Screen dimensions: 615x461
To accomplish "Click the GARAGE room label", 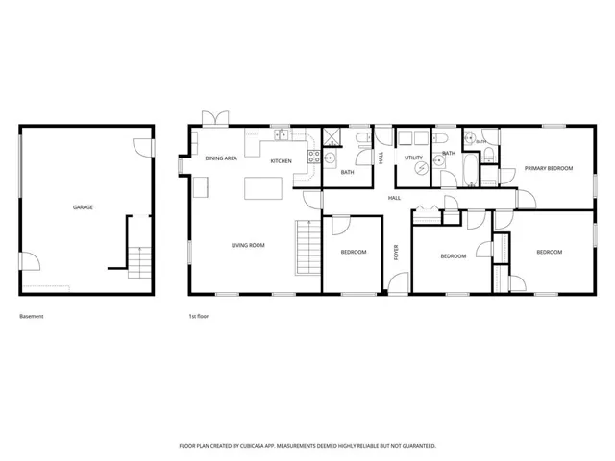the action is [83, 207].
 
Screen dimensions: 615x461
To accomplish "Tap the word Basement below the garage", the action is [32, 316].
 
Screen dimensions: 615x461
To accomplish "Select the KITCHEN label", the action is [282, 161].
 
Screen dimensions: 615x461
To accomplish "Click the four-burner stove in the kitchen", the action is [314, 157].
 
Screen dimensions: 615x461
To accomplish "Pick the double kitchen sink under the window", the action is [282, 134].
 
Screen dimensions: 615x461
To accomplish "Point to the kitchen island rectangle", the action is [263, 188].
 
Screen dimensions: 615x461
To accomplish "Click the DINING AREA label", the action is [221, 158].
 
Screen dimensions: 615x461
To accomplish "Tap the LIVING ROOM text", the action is [248, 246].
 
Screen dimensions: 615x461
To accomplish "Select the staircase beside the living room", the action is [308, 248].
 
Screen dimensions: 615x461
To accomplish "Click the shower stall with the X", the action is [332, 136].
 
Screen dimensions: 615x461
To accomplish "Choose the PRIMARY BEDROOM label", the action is [549, 168].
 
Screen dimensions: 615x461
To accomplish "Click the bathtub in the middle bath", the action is [470, 170].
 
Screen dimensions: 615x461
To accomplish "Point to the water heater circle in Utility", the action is [422, 168].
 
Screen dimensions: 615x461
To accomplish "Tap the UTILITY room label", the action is [414, 158].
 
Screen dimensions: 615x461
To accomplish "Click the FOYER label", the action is [396, 252].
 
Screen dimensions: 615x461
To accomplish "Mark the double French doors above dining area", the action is [215, 118].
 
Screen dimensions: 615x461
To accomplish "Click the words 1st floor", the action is [199, 316].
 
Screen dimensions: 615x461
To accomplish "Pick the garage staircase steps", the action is [139, 262].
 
